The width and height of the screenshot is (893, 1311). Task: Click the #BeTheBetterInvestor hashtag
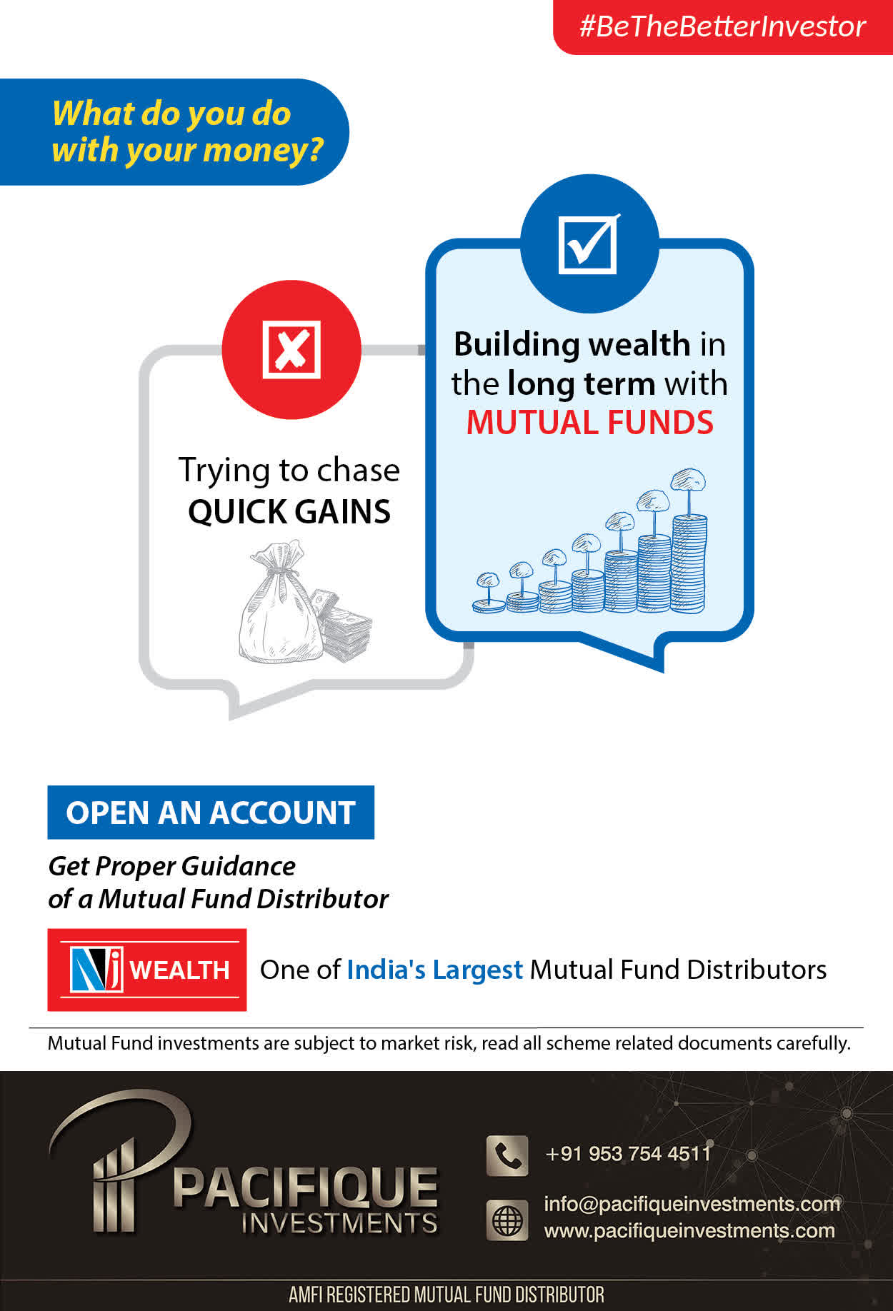tap(722, 26)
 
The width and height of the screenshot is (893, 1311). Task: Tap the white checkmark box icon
tap(589, 244)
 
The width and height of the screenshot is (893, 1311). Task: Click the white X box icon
tap(291, 349)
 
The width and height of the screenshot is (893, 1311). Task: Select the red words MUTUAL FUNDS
tap(590, 423)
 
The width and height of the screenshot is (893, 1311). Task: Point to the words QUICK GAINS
tap(289, 512)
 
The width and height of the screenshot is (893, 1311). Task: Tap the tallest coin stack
tap(689, 563)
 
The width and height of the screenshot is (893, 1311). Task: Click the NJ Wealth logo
tap(147, 970)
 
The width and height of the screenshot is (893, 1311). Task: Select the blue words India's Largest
tap(434, 970)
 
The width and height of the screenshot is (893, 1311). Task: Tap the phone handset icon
tap(507, 1155)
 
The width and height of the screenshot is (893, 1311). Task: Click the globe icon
tap(507, 1220)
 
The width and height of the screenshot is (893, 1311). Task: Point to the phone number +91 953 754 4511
tap(628, 1154)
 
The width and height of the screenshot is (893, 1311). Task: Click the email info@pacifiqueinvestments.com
tap(692, 1204)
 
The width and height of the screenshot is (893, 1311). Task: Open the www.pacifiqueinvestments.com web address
tap(689, 1231)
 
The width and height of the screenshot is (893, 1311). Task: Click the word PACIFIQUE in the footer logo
tap(305, 1187)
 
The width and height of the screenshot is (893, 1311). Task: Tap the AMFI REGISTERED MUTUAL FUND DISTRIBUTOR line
tap(446, 1295)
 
